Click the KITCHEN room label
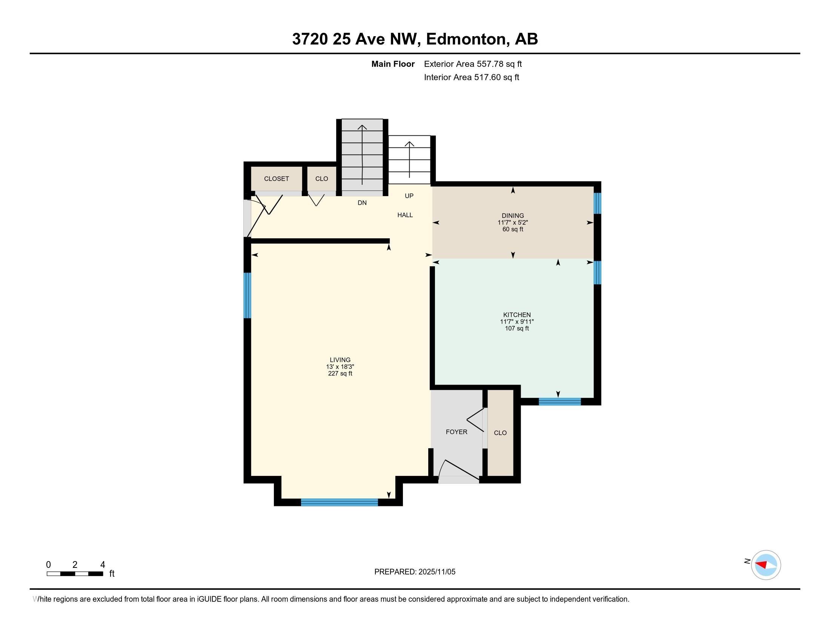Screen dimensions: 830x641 517,315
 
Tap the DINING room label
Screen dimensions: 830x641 513,216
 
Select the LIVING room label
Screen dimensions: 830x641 340,360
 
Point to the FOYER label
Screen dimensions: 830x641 456,432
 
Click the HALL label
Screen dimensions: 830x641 405,215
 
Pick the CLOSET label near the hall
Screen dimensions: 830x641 277,178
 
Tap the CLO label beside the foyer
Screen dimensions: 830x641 500,433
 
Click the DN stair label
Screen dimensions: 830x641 362,203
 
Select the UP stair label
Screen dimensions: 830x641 409,196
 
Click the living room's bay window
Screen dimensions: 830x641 340,502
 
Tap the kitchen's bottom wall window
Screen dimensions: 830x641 560,402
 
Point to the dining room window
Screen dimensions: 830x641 598,203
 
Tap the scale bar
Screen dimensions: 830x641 75,574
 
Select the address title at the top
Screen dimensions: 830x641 415,39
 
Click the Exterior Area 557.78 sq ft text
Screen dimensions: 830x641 473,64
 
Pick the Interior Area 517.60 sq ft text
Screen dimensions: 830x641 471,77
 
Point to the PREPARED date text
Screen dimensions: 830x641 415,572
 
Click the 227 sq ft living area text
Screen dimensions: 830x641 340,374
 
